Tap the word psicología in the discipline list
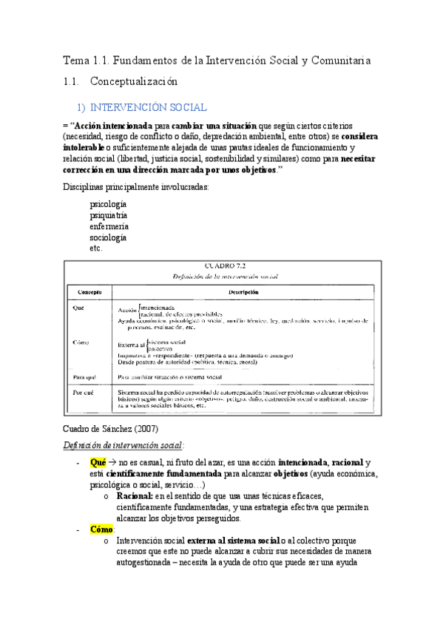point(108,203)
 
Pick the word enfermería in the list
point(109,226)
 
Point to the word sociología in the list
point(108,237)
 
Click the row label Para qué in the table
point(86,376)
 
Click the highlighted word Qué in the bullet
point(97,462)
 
